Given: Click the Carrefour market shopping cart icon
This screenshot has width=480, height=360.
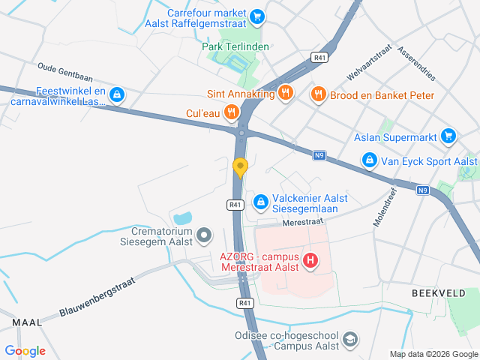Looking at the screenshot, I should [257, 15].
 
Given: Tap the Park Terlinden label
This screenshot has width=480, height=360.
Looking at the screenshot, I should [235, 46].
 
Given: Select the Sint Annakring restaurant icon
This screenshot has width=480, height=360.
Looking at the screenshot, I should [285, 93].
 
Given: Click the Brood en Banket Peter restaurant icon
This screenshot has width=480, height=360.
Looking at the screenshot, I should [318, 94].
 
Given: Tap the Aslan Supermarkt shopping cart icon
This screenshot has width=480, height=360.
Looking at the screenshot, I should [448, 136].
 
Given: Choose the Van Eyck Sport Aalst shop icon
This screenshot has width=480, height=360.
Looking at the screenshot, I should [369, 160].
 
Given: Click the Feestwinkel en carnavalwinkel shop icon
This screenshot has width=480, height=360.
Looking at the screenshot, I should [116, 94].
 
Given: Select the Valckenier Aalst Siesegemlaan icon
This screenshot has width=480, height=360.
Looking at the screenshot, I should [260, 201].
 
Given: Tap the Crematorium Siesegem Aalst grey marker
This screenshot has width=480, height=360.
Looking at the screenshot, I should [203, 238].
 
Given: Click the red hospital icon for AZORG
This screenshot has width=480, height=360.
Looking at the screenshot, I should [310, 261].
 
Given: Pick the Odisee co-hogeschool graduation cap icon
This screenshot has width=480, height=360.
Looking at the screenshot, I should [349, 340].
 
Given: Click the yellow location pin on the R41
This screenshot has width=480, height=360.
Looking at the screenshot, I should [240, 166].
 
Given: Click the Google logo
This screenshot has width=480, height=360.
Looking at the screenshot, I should [25, 351].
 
